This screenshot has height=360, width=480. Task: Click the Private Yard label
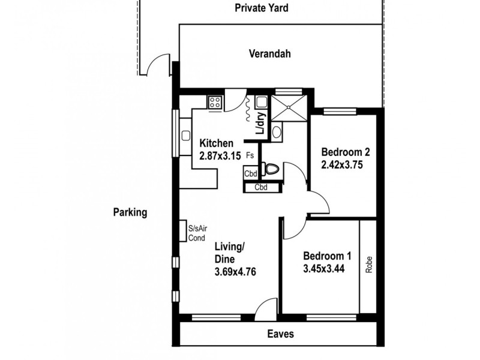point(262,8)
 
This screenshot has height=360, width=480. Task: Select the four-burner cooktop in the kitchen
point(215,103)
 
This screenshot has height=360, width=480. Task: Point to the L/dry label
point(260,124)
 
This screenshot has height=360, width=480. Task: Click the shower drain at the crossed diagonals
point(289,109)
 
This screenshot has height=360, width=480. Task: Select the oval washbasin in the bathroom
point(276,131)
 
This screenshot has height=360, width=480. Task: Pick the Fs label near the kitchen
point(249,155)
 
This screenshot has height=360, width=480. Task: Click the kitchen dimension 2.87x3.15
point(220,155)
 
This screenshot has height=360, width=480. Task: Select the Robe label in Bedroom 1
point(368,265)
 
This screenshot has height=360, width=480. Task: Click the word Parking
point(130,212)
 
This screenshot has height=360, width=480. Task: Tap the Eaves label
point(280,334)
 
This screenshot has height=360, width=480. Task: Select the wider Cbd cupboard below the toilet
point(261,187)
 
